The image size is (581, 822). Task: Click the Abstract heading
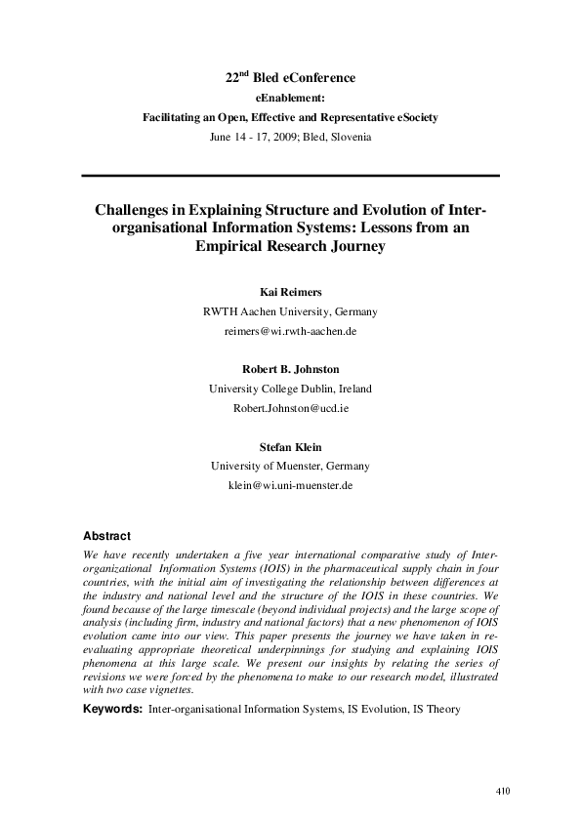coord(106,536)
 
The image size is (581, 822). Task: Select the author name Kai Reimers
coord(290,291)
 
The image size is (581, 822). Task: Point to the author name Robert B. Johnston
coord(290,368)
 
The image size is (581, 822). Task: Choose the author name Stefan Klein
coord(290,445)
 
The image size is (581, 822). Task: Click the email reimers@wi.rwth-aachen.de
coord(290,331)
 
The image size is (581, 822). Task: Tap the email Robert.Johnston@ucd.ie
coord(290,408)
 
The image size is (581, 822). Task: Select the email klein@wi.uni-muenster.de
coord(290,485)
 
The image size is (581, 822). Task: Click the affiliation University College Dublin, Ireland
coord(290,388)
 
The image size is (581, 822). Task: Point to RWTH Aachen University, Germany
coord(290,311)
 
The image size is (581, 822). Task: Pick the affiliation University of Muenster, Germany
coord(290,466)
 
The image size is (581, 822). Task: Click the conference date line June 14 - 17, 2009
coord(290,137)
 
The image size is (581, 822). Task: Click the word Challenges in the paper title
coord(135,209)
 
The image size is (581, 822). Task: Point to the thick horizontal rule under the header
coord(290,176)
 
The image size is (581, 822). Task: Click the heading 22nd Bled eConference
coord(290,77)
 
